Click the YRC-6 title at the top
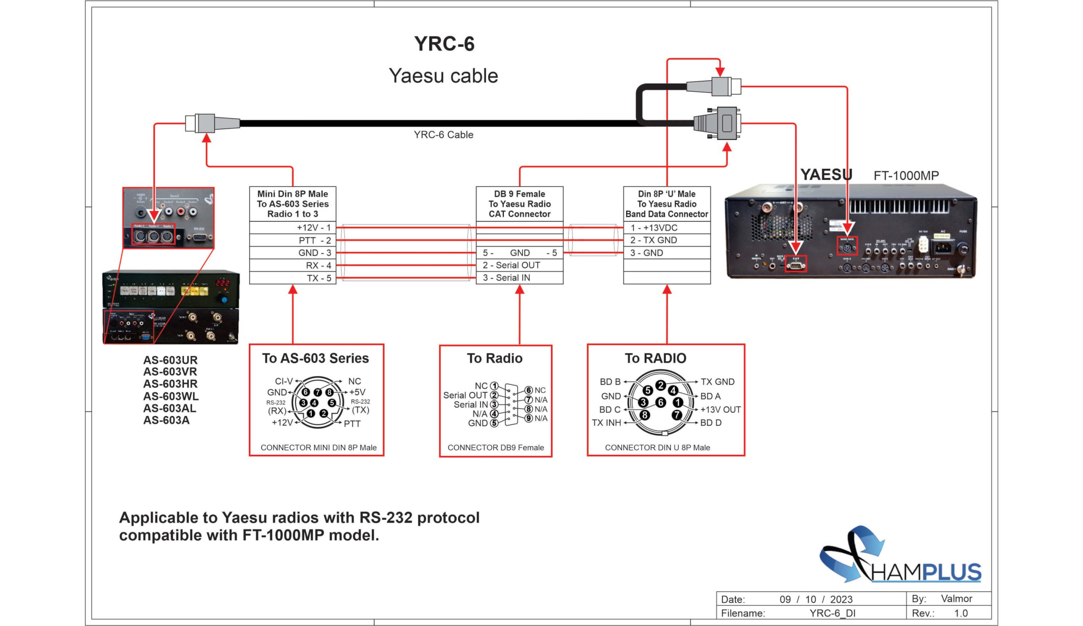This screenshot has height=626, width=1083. pos(444,44)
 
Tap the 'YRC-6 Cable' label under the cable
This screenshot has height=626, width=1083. pos(443,135)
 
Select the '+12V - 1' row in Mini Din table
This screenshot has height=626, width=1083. pos(314,227)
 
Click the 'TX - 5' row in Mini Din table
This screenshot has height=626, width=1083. pos(319,278)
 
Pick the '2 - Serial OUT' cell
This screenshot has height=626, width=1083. pos(511,265)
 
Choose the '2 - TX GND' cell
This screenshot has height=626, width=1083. pos(653,240)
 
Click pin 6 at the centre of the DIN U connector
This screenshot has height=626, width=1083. pos(660,402)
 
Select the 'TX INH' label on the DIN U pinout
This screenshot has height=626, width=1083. pos(606,423)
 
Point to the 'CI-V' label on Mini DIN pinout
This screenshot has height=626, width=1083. pos(283,381)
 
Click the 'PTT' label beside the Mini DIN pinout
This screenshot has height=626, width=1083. pos(352,424)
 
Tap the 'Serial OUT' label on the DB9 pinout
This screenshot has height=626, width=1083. pos(465,395)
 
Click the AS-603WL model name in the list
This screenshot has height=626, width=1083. pos(170,396)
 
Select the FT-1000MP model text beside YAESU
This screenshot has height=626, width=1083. pos(906,175)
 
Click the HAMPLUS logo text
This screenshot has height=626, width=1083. pos(926,572)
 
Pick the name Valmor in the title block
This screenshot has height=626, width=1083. pos(956,599)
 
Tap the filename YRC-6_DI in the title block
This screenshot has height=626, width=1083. pos(832,613)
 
